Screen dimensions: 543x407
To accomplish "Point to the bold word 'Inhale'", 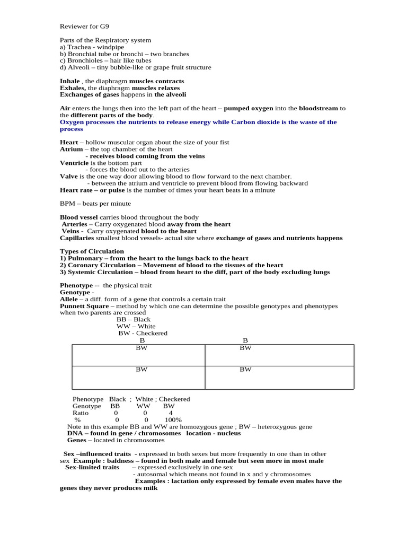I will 70,81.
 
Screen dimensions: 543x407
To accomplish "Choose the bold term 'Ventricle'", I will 73,163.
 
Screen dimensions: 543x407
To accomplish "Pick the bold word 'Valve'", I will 69,176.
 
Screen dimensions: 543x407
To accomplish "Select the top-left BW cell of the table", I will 141,348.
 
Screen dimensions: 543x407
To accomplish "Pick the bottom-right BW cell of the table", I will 245,370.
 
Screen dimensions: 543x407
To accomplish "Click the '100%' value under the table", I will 173,419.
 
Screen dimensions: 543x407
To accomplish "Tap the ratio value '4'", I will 171,413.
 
